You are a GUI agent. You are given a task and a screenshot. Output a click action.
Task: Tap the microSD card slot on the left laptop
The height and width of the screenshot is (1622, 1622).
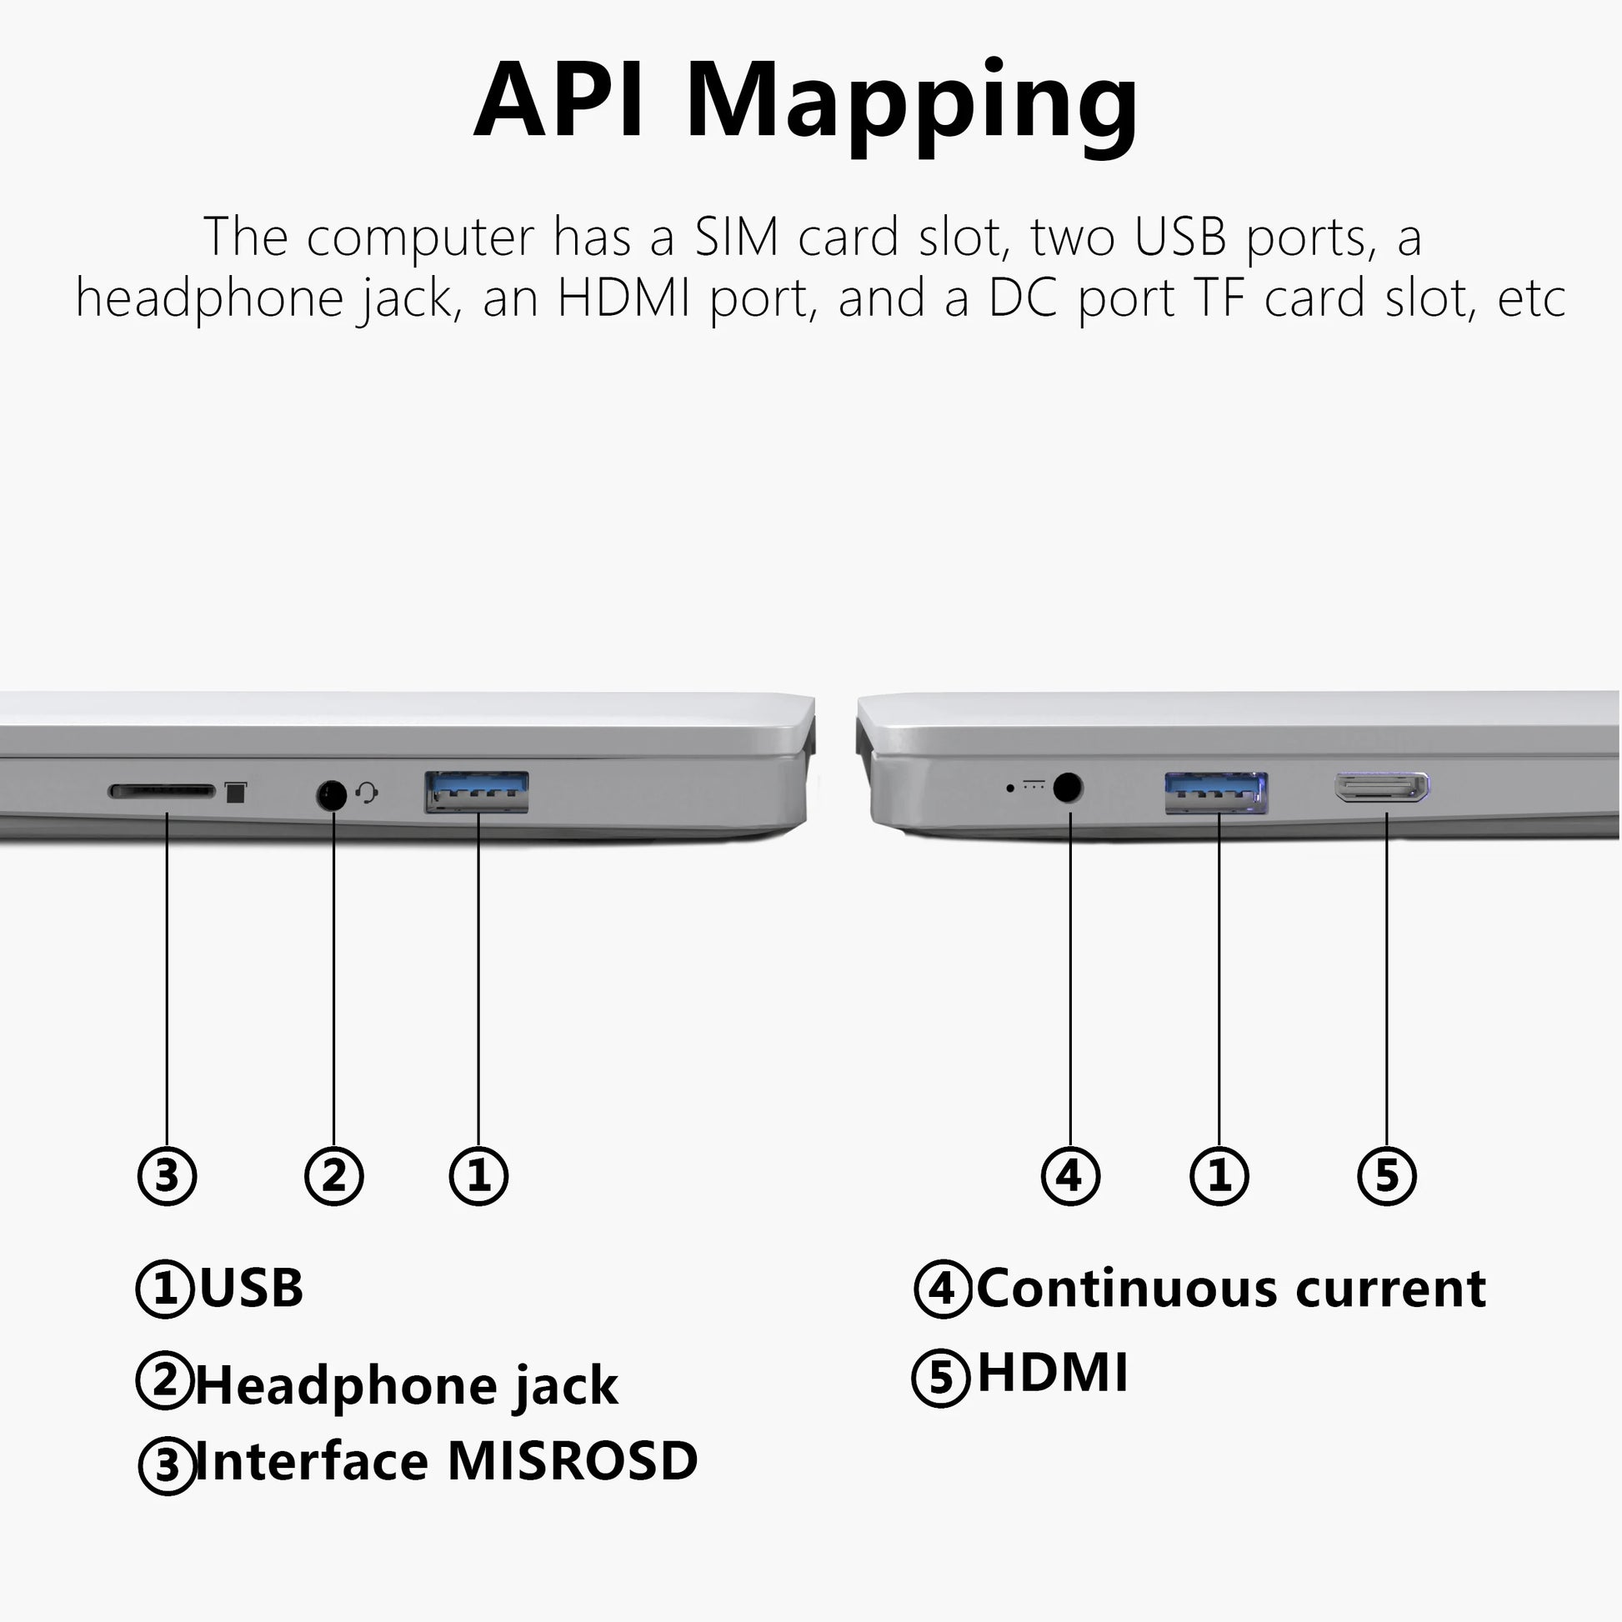tap(162, 791)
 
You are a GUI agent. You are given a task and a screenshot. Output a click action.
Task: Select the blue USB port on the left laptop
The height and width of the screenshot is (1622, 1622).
tap(477, 792)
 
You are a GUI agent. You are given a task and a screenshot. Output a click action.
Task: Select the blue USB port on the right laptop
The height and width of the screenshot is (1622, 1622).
tap(1215, 792)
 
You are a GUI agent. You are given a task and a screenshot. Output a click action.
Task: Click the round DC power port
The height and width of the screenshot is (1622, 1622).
tap(1067, 788)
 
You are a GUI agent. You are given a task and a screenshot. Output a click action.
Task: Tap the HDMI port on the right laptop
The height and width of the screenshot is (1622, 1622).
tap(1382, 788)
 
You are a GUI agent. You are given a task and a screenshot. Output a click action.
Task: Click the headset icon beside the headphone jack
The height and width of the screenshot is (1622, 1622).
tap(367, 792)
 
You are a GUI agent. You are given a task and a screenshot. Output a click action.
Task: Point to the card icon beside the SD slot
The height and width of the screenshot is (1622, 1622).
tap(236, 792)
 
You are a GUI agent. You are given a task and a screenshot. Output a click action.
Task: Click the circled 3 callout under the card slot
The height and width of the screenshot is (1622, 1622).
tap(167, 1175)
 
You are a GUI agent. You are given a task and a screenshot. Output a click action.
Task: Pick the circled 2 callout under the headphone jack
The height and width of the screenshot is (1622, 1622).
tap(334, 1175)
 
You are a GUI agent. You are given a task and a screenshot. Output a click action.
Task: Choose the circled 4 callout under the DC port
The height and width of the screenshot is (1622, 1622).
tap(1070, 1175)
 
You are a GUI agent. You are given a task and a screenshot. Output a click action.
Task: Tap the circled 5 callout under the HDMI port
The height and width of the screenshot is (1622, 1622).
tap(1387, 1175)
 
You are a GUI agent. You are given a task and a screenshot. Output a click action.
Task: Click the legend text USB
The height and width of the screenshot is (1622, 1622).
tap(251, 1288)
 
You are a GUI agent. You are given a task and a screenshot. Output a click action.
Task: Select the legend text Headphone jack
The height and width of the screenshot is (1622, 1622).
tap(407, 1386)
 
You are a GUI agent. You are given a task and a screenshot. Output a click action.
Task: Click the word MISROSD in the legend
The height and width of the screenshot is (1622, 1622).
tap(572, 1462)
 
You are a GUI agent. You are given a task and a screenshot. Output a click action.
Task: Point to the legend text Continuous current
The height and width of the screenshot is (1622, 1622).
tap(1231, 1288)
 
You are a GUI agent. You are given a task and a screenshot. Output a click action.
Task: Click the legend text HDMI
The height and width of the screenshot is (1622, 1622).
tap(1053, 1373)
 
